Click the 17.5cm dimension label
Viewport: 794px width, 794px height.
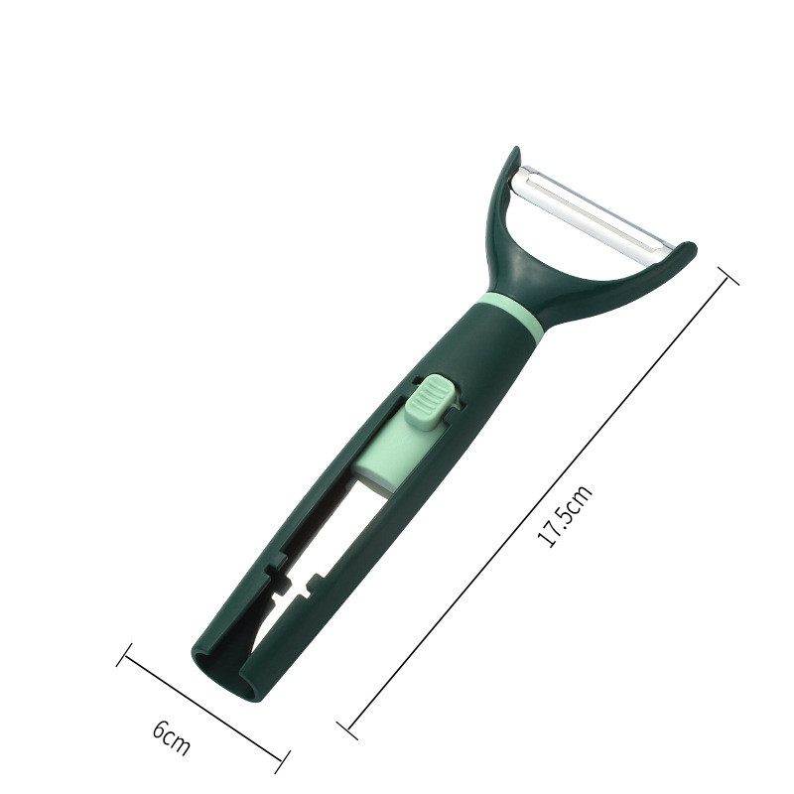(565, 515)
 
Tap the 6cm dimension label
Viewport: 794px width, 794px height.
(171, 737)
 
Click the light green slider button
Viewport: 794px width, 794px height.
(431, 402)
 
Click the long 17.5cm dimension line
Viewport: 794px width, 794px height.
(538, 503)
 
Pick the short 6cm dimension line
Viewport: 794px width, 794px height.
(203, 709)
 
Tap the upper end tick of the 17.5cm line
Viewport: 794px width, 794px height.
(728, 275)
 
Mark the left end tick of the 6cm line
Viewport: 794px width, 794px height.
(124, 655)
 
